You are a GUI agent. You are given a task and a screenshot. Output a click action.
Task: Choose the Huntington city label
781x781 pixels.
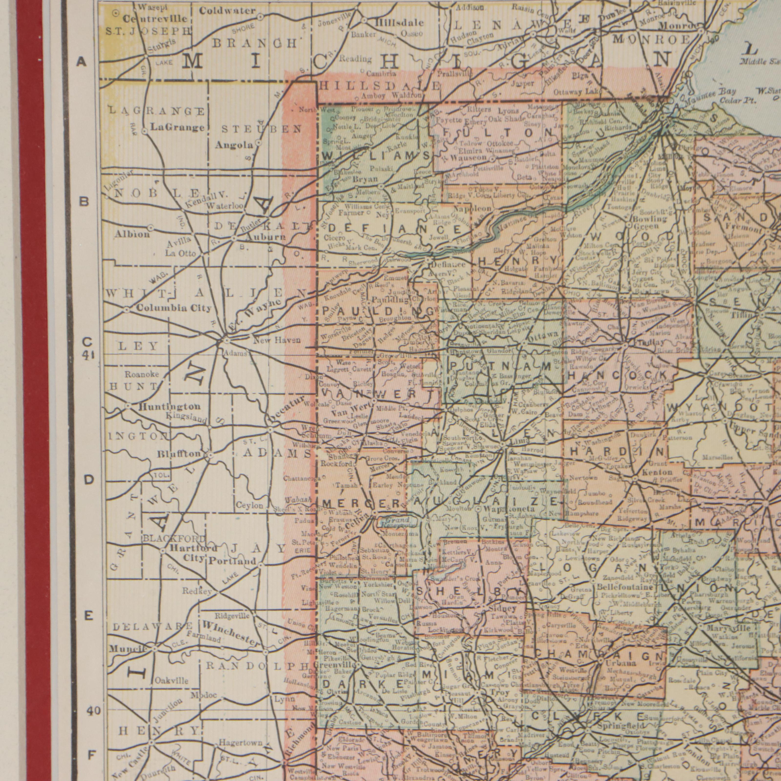click(x=169, y=406)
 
